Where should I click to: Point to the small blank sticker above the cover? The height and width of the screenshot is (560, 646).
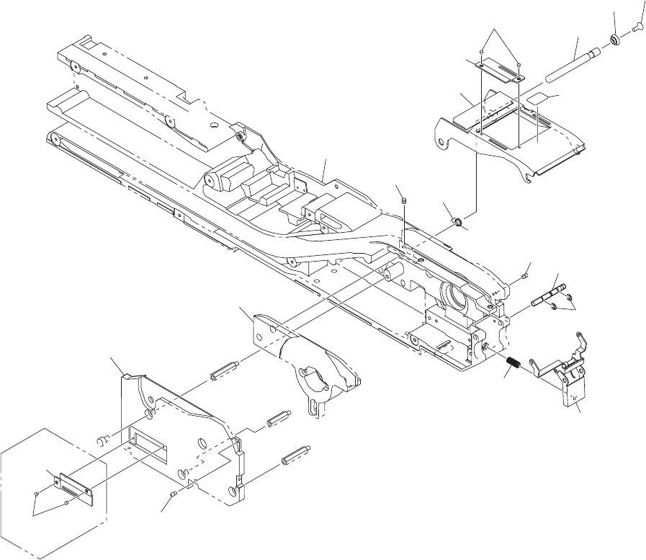[537, 97]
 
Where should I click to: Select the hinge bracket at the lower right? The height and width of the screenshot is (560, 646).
[569, 378]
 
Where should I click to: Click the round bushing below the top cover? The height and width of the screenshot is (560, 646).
[455, 218]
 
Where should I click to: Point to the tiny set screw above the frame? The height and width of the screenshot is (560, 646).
[404, 200]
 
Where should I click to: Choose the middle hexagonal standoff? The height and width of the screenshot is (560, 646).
[278, 420]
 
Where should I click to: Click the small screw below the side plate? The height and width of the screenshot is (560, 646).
[175, 494]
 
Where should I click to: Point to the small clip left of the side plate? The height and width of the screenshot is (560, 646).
[104, 437]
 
